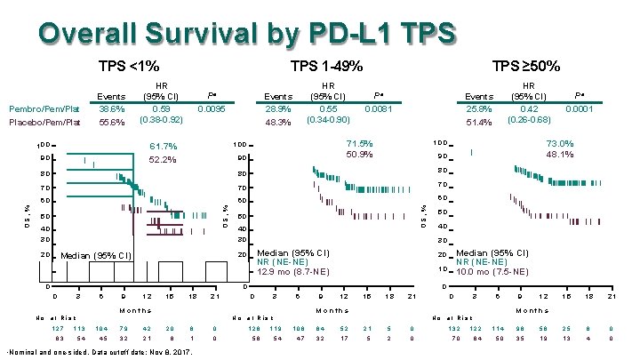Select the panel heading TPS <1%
pos(129,67)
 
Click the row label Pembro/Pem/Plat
pos(39,108)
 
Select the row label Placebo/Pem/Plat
pos(39,123)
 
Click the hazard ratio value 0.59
pos(162,108)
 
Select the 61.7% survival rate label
pos(164,147)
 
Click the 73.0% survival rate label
pos(559,143)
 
